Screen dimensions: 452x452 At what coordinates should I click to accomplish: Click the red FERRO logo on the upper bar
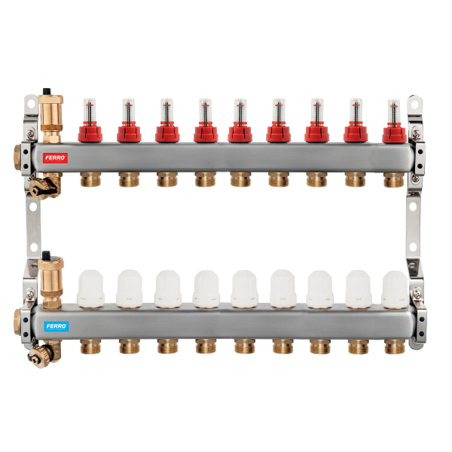click(x=55, y=158)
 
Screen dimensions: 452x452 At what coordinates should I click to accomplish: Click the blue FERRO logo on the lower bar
click(x=56, y=326)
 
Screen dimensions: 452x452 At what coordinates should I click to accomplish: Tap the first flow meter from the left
click(x=90, y=121)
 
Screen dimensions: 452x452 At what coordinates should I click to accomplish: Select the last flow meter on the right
click(x=394, y=121)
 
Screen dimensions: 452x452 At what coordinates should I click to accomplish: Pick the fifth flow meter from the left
click(x=240, y=121)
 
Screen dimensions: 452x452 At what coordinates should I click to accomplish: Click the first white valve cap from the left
click(x=90, y=289)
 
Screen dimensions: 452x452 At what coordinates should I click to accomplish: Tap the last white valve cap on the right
click(x=395, y=289)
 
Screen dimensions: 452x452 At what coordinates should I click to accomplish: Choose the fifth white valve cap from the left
click(x=244, y=289)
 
